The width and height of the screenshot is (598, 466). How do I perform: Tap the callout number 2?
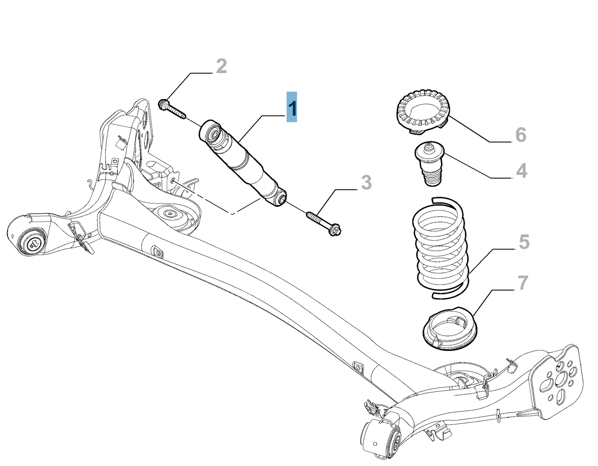221,67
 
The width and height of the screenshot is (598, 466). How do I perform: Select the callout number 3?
366,183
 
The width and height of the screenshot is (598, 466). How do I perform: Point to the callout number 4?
521,171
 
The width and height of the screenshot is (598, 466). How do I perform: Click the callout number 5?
524,242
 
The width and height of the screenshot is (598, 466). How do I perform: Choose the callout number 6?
521,135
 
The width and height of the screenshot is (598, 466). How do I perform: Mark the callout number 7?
523,283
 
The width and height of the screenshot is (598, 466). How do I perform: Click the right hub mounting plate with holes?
560,379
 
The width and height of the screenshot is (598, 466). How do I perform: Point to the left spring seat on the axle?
169,215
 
